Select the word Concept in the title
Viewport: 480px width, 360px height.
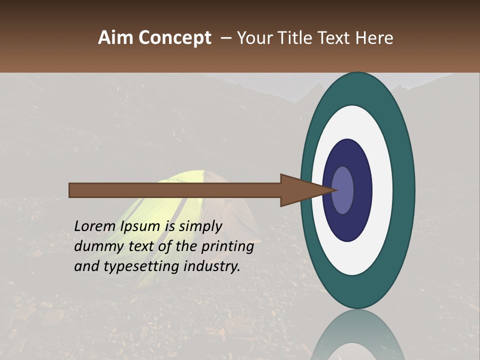pyautogui.click(x=174, y=38)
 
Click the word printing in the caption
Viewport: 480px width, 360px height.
pyautogui.click(x=227, y=247)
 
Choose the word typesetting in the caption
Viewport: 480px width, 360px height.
pyautogui.click(x=142, y=266)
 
